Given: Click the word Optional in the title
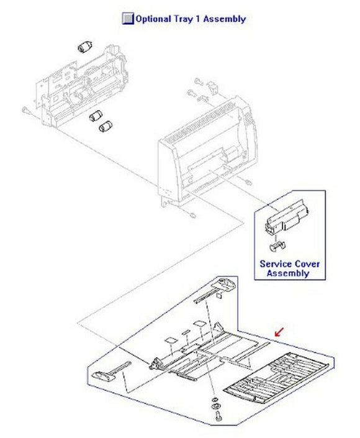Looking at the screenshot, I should coord(156,19).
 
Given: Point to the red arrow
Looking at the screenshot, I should coord(280,332).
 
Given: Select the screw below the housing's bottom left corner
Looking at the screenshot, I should coord(194,216).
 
